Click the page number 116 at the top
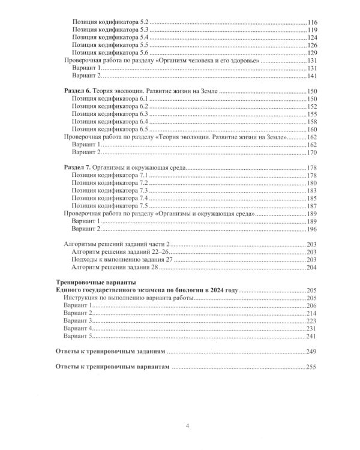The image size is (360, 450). click(x=313, y=22)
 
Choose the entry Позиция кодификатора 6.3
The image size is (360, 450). click(x=109, y=113)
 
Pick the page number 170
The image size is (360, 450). click(x=313, y=154)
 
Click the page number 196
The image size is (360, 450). click(x=313, y=229)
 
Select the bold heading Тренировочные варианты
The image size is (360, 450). click(x=95, y=282)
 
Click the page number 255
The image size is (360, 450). click(x=313, y=367)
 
